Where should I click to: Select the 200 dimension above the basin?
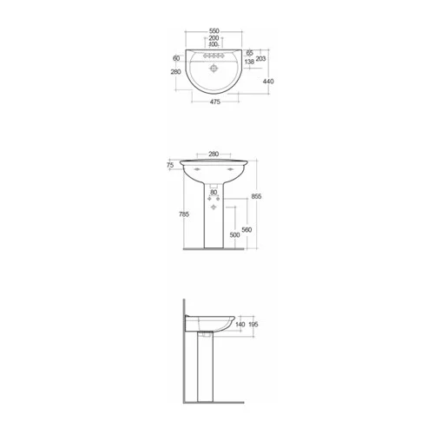(x=213, y=38)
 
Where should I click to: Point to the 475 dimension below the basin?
(x=213, y=102)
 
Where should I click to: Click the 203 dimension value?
(x=261, y=58)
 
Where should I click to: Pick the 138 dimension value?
(x=250, y=62)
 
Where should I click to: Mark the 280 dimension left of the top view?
(x=175, y=73)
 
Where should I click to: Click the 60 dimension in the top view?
(x=176, y=57)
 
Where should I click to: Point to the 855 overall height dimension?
(x=256, y=196)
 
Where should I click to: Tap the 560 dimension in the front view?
(x=247, y=229)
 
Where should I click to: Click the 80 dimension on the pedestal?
(x=213, y=192)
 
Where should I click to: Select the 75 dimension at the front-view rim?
(x=170, y=163)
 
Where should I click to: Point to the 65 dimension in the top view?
(x=249, y=53)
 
